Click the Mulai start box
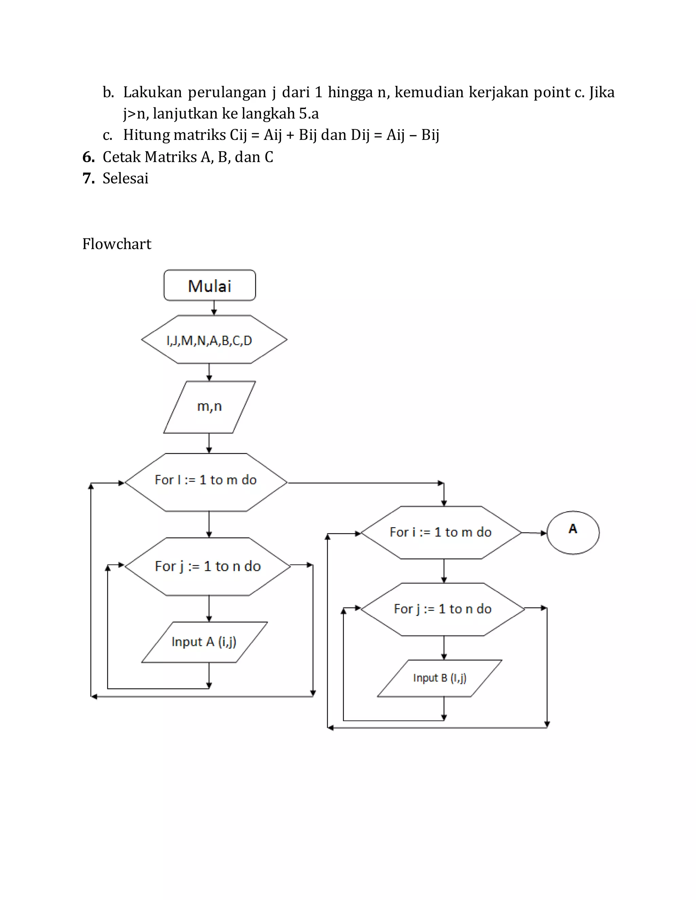(209, 286)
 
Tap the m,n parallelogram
(209, 407)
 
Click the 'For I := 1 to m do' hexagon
(206, 482)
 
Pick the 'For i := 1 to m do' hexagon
(441, 533)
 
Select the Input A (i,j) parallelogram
(204, 642)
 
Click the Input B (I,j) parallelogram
(439, 678)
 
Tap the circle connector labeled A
(573, 533)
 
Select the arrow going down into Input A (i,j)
(209, 609)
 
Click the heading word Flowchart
(117, 244)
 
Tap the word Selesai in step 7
(125, 178)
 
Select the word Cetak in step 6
(121, 157)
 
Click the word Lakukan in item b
(152, 92)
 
